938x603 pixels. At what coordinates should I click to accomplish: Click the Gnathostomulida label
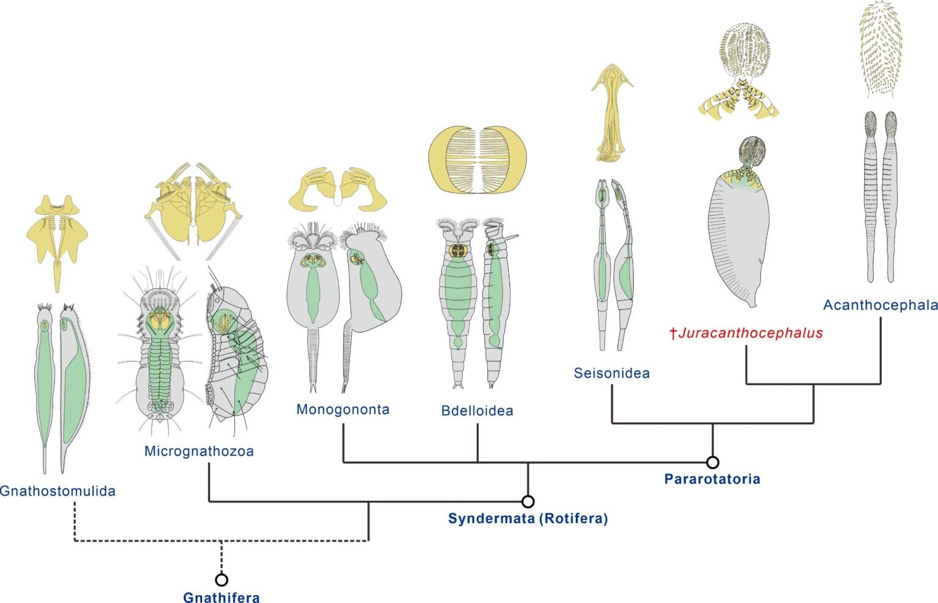click(x=57, y=491)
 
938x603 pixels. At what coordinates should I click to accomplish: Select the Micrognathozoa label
click(x=198, y=451)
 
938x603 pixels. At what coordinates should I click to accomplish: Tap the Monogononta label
click(x=343, y=409)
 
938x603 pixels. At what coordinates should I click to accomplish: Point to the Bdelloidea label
click(x=477, y=411)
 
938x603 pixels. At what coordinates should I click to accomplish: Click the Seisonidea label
click(x=611, y=373)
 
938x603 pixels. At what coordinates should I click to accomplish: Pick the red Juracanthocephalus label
click(x=746, y=333)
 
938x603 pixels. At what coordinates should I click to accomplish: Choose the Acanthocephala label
click(x=880, y=305)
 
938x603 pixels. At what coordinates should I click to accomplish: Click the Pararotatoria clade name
click(x=712, y=479)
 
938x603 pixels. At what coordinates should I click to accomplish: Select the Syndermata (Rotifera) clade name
click(x=528, y=519)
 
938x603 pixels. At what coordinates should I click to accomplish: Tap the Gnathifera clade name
click(x=222, y=598)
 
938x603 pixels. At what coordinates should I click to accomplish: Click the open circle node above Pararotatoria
click(x=713, y=463)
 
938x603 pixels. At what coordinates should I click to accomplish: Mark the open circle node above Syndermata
click(x=528, y=502)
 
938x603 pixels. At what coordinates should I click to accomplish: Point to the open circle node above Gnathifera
click(x=222, y=580)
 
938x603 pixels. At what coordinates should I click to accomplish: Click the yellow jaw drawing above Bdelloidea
click(x=478, y=160)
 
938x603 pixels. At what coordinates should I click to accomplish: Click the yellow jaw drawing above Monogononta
click(x=338, y=188)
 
